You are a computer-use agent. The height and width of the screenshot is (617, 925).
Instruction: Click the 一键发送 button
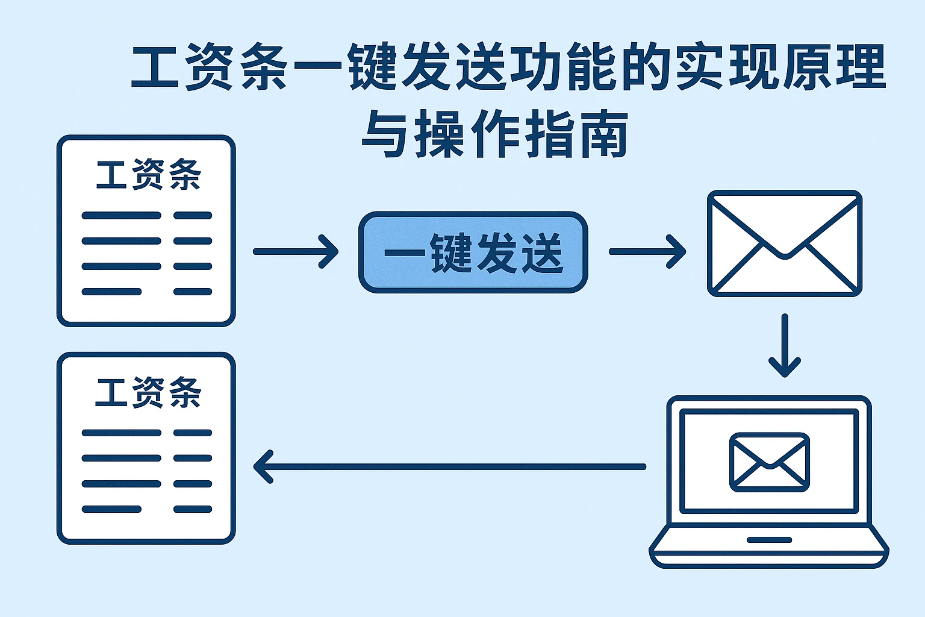click(473, 252)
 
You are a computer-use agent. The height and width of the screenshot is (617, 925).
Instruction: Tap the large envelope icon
click(784, 243)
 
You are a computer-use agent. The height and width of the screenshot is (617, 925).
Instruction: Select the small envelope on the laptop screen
click(769, 462)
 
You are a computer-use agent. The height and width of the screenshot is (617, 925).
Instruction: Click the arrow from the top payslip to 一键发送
click(295, 251)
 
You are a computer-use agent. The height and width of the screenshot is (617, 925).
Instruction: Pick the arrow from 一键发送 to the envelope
click(647, 251)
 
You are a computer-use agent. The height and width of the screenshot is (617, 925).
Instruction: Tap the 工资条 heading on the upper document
click(148, 175)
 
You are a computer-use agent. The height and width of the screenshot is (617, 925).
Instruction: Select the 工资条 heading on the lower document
click(148, 392)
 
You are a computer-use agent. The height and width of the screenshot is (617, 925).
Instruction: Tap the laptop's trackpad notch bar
click(769, 540)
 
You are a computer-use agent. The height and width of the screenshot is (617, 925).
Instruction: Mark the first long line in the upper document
click(121, 215)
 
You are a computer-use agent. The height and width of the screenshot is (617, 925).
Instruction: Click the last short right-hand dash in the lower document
click(193, 509)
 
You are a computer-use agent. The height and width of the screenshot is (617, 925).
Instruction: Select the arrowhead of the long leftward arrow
click(263, 466)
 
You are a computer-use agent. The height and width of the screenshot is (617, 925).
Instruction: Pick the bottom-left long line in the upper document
click(111, 292)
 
